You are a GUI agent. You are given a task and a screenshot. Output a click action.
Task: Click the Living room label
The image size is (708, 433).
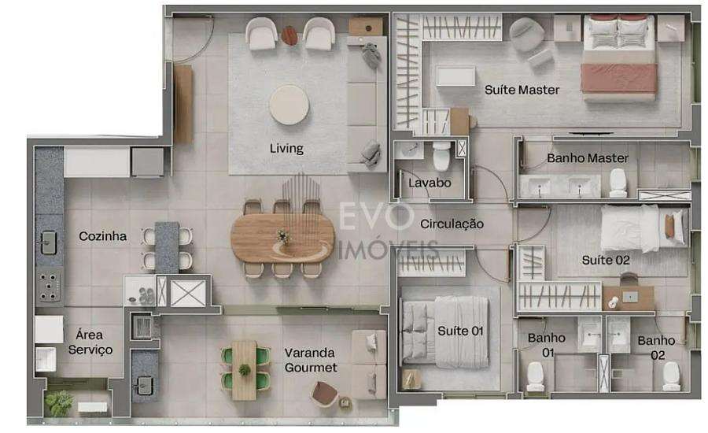tap(286, 148)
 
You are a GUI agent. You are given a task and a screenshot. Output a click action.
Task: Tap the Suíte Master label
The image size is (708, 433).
tap(522, 90)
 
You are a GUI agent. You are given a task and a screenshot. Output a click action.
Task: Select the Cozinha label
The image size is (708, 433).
tap(102, 236)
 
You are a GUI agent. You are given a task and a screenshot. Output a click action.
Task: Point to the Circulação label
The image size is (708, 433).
tap(452, 224)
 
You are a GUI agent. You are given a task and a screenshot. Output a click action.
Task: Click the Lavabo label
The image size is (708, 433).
tap(430, 183)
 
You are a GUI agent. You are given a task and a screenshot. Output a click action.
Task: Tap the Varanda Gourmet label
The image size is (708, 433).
tap(311, 361)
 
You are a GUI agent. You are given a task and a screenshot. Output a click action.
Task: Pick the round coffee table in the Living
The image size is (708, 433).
tap(289, 105)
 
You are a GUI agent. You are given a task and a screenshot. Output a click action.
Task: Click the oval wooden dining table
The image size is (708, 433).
tap(282, 238)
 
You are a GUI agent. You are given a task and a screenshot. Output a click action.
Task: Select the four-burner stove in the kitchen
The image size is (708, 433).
tap(50, 287)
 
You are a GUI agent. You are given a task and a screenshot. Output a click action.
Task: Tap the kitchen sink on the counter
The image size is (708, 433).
tap(49, 242)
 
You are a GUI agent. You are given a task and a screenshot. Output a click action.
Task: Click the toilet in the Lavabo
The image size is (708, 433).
tap(441, 156)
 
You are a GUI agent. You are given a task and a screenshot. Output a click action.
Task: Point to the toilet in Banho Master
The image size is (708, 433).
tap(618, 183)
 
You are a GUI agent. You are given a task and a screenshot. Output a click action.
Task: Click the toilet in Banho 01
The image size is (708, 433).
tap(536, 377)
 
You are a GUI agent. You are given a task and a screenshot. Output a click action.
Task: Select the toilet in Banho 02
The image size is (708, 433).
tap(671, 376)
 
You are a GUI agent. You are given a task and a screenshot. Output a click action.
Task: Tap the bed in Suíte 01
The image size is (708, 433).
tap(445, 331)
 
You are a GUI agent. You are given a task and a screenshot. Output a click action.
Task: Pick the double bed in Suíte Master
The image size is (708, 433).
tap(620, 57)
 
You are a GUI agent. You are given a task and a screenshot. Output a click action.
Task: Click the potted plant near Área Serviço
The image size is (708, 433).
tap(59, 402)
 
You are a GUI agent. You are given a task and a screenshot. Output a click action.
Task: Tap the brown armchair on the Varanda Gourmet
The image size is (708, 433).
tap(324, 393)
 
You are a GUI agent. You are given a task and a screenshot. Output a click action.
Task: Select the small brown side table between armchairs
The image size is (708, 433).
tap(289, 35)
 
